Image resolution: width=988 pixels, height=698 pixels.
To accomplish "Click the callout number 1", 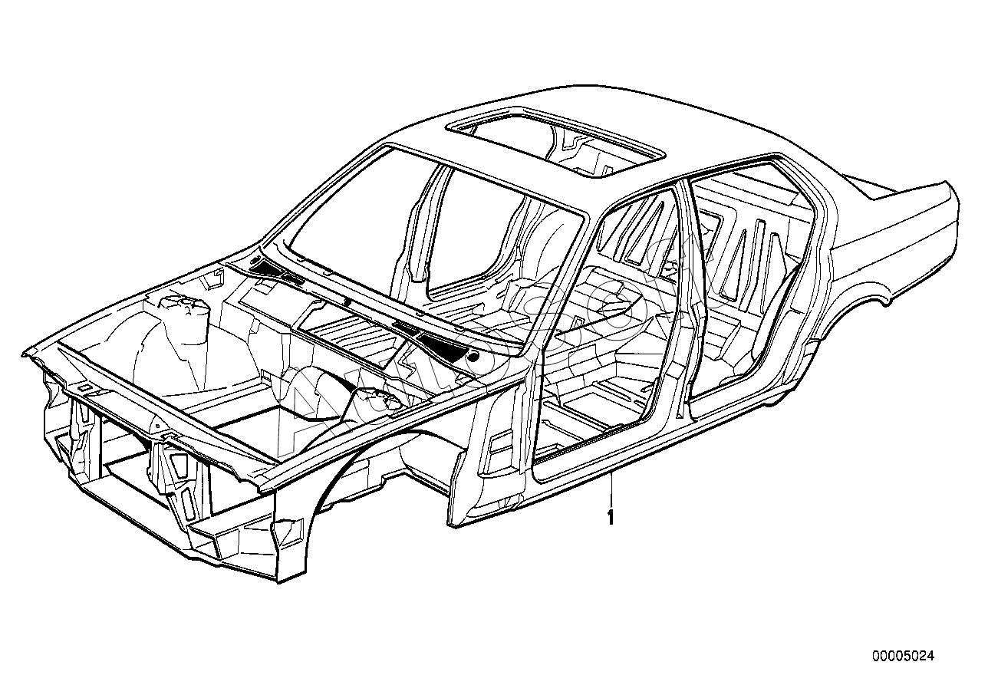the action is tap(611, 518).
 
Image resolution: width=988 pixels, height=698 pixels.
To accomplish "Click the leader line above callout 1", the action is tap(611, 491).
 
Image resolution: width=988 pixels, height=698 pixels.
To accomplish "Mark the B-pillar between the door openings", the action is tap(683, 307).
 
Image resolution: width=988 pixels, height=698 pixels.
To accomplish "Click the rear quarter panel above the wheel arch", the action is tap(882, 261).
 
